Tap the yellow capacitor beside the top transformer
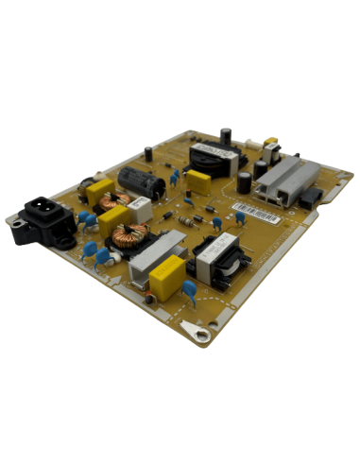point(197,182)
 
